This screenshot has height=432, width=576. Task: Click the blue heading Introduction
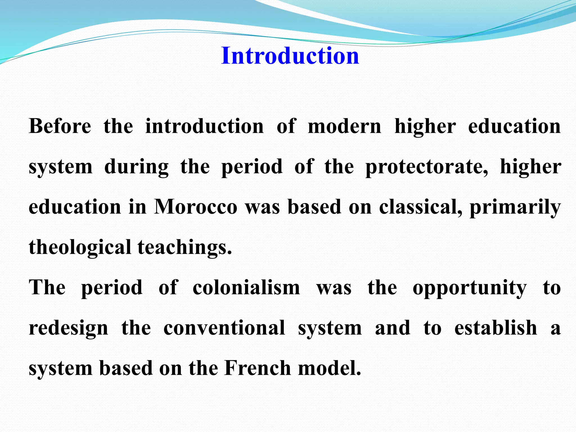pos(290,56)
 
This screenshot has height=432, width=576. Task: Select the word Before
pos(60,126)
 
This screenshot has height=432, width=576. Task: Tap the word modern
pos(345,126)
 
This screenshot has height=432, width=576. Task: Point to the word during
pos(136,166)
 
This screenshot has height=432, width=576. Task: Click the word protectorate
pos(426,166)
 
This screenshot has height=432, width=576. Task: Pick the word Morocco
pos(196,207)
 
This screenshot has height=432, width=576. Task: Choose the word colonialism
pos(246,288)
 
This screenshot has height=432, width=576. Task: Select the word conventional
pos(224,328)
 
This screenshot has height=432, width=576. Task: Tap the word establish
pos(496,328)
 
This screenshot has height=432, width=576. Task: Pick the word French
pos(258,368)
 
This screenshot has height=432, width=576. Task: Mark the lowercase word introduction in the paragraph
pos(204,126)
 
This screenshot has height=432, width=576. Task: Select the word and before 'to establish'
pos(393,328)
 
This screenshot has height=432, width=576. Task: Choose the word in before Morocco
pos(138,207)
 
